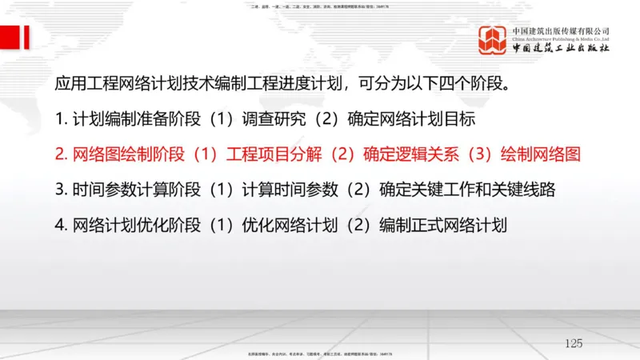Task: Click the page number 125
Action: (x=573, y=343)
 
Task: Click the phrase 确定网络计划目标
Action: (x=412, y=119)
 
